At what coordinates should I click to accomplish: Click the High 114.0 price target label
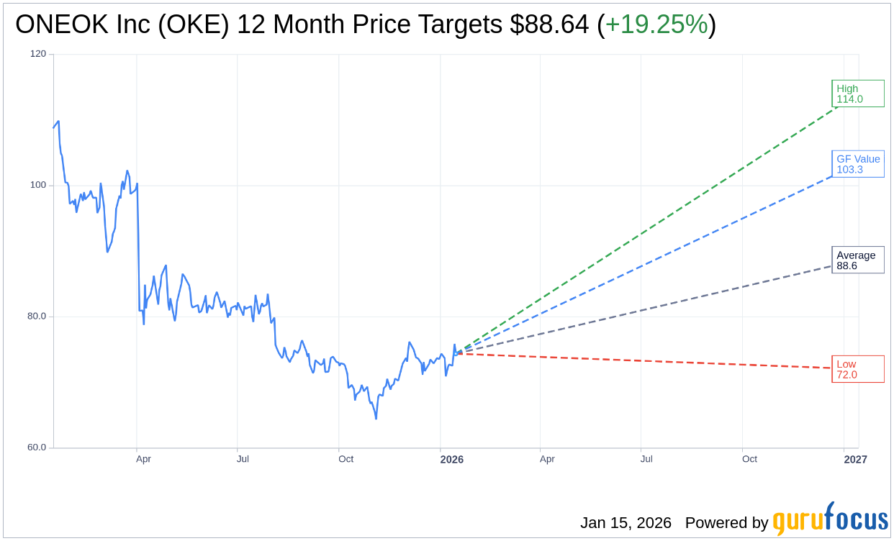(x=857, y=94)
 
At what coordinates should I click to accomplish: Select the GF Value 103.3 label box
(x=857, y=164)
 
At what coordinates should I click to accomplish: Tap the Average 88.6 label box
(x=857, y=260)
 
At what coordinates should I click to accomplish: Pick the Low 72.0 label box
(x=857, y=369)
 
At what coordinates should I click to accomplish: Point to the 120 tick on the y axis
(x=37, y=54)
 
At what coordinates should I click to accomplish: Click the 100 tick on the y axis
(x=37, y=185)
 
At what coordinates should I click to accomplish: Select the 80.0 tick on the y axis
(x=37, y=316)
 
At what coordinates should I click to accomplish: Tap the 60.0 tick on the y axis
(x=37, y=447)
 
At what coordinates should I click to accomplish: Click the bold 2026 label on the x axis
(x=452, y=460)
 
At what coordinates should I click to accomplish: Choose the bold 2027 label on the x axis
(x=855, y=460)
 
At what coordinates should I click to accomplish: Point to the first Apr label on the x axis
(x=143, y=459)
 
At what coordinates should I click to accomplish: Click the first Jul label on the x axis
(x=243, y=459)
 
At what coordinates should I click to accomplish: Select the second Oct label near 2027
(x=749, y=459)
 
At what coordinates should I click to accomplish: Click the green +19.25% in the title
(x=656, y=24)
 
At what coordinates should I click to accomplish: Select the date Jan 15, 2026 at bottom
(x=626, y=523)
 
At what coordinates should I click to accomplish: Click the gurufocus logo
(x=830, y=519)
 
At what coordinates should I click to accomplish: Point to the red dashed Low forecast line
(x=648, y=361)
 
